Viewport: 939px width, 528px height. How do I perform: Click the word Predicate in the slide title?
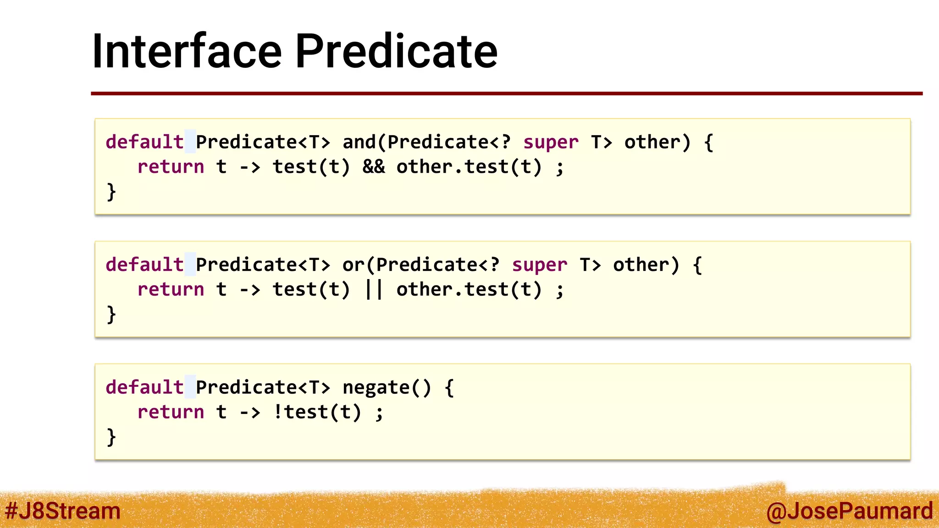point(396,51)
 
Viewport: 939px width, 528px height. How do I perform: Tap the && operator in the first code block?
point(374,167)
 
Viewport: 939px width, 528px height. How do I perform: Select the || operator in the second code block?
point(374,290)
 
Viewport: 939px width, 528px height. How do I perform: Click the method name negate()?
point(387,388)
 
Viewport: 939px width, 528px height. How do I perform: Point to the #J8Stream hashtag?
point(62,511)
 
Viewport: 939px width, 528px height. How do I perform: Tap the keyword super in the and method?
point(551,142)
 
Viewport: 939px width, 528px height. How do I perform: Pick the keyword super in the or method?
point(540,265)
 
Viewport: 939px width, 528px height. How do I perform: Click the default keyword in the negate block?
point(144,388)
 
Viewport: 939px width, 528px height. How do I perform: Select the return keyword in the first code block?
point(171,167)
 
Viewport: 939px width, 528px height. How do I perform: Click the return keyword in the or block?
point(171,290)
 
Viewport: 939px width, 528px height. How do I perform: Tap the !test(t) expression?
point(317,412)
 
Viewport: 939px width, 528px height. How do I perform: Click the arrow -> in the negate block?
point(250,412)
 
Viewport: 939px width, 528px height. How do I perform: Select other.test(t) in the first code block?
point(469,167)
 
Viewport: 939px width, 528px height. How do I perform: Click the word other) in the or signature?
point(646,265)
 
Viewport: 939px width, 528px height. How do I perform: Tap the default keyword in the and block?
point(144,142)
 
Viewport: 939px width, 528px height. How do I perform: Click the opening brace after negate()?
point(449,388)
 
